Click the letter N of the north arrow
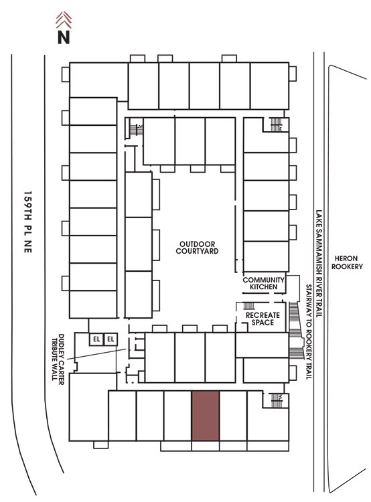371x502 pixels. point(64,37)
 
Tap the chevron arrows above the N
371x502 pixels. point(64,20)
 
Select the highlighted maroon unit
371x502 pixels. point(206,416)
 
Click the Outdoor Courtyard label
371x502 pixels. point(197,248)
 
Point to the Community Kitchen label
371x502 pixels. point(264,283)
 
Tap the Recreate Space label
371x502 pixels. point(263,319)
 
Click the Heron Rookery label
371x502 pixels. point(347,262)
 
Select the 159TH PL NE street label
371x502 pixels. point(28,222)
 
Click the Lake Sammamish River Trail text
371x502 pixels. point(319,264)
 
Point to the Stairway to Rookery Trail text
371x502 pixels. point(309,332)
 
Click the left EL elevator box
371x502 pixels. point(96,339)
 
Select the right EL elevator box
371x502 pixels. point(110,339)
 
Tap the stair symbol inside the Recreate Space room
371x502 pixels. point(249,306)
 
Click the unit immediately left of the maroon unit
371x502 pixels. point(178,416)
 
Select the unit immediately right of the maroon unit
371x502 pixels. point(233,416)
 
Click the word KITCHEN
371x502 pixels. point(264,287)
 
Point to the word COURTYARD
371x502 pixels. point(197,251)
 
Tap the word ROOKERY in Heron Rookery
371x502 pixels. point(347,266)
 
